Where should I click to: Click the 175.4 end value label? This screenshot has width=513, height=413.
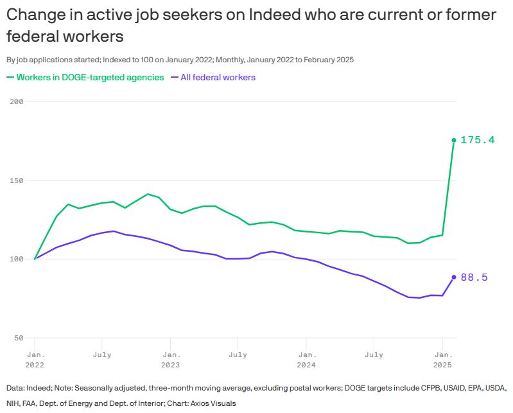coord(478,140)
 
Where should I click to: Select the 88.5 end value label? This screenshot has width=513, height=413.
coord(474,277)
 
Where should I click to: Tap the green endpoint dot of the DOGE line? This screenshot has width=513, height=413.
coord(454,140)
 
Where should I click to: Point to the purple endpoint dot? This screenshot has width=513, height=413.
coord(454,277)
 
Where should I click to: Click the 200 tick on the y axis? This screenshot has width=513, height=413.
coord(17,102)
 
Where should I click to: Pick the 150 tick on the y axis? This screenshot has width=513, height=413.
coord(17,180)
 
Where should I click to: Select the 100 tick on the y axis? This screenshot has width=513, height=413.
coord(17,259)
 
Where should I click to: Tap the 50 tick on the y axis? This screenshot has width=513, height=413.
coord(19,338)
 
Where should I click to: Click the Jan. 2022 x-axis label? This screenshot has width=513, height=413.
coord(35,359)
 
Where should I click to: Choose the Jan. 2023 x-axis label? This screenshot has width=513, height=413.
coord(170,359)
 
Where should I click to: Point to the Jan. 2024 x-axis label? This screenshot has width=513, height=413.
coord(306,359)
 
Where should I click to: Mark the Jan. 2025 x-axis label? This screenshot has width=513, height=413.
coord(442,359)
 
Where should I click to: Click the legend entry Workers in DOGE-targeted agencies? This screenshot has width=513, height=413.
coord(90,77)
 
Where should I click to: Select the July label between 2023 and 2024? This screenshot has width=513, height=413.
coord(238,355)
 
